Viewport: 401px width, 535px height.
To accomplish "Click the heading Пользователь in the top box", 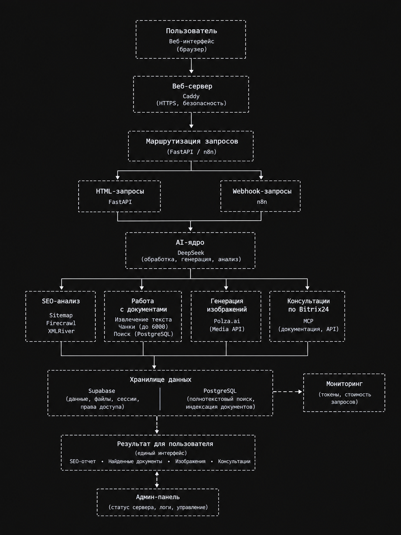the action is tap(191, 31).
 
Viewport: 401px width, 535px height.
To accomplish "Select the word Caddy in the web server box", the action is tap(191, 96).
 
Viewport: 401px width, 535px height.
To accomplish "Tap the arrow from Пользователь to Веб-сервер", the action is tap(191, 66).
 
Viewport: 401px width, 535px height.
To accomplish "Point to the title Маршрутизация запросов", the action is tap(192, 142).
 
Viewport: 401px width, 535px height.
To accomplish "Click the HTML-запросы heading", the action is tap(120, 191).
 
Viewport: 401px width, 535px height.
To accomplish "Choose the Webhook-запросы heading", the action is tap(262, 191).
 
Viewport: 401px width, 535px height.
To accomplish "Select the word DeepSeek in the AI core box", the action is tap(191, 253).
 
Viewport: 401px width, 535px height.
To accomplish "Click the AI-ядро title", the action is tap(190, 242).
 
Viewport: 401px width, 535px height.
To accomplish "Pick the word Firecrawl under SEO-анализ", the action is tap(61, 323).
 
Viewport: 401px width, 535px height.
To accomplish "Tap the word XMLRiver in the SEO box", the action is tap(61, 331).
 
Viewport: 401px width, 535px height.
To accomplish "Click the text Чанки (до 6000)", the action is tap(143, 327).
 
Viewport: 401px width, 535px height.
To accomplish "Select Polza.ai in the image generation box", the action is tap(227, 321).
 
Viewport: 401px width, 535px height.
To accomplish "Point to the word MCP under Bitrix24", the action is tap(308, 321).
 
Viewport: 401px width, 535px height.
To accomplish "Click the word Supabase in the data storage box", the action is tap(102, 391).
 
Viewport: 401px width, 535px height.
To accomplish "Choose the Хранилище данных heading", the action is tap(161, 379).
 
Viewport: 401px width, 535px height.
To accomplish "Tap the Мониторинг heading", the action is tap(344, 384).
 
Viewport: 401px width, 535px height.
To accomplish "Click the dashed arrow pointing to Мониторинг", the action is tap(288, 392).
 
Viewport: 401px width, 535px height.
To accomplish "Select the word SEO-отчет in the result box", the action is tap(83, 461).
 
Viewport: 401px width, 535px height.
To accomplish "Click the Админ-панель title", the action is tap(158, 497).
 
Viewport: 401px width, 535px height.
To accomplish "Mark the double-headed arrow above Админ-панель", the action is tap(157, 480).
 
